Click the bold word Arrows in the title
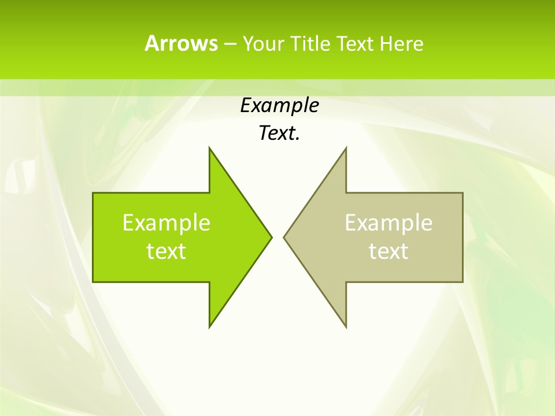point(180,44)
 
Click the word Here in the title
point(401,44)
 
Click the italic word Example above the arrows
point(279,106)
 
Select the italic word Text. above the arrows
point(279,133)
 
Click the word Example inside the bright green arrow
point(166,223)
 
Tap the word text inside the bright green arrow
point(166,251)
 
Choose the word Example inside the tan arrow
point(388,223)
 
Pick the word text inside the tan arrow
point(388,251)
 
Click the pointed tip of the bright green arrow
point(271,237)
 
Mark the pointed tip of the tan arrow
point(284,237)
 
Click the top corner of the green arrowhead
point(210,148)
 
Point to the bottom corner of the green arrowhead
point(210,326)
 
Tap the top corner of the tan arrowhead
point(346,148)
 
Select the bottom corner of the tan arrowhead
point(346,326)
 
